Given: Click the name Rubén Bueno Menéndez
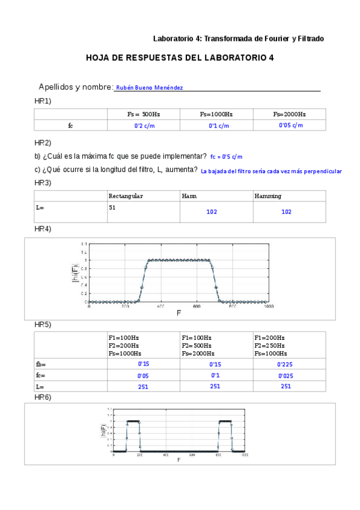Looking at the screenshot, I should click(x=149, y=87).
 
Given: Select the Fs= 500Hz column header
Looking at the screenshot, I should click(x=144, y=114).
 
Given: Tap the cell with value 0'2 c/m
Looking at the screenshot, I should click(x=144, y=126).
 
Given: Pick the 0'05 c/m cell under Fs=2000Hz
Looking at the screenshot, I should click(x=290, y=125).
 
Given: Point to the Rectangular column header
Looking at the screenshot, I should click(x=126, y=196).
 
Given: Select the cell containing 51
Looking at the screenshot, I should click(x=112, y=207).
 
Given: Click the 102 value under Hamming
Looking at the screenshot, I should click(x=286, y=212).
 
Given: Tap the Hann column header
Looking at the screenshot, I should click(x=189, y=196).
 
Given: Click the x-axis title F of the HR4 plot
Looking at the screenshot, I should click(x=178, y=313).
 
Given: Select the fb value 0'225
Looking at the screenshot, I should click(x=285, y=364).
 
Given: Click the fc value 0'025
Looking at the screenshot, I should click(x=285, y=375).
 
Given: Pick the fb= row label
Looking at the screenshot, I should click(x=41, y=364).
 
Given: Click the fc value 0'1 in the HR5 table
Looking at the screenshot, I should click(x=215, y=375).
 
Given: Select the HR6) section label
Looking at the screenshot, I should click(x=43, y=397).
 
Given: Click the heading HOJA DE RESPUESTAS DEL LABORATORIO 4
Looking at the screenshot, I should click(x=180, y=58).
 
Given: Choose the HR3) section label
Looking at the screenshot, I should click(x=43, y=182).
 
